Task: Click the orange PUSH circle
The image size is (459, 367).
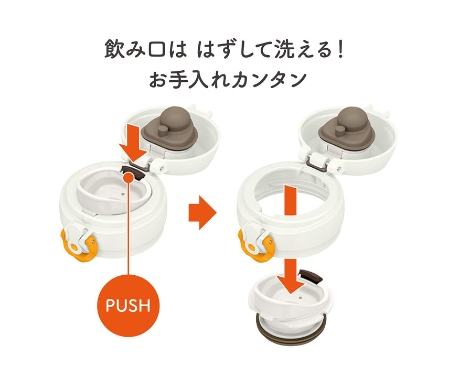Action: tap(128, 305)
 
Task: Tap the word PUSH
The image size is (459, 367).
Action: tap(128, 305)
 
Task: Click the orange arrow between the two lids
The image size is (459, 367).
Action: tap(202, 212)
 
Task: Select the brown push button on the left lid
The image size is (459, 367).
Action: tap(133, 172)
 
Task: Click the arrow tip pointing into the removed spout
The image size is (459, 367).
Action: tap(291, 293)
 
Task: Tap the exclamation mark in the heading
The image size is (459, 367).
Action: tap(339, 49)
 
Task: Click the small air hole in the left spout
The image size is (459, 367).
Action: tap(122, 194)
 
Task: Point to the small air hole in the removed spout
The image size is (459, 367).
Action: tap(300, 298)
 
